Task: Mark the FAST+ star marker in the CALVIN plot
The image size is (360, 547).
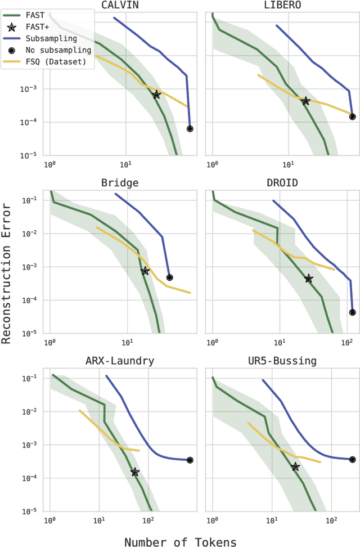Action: [156, 95]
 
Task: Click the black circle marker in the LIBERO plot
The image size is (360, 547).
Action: [352, 117]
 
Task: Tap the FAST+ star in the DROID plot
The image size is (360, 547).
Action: [308, 279]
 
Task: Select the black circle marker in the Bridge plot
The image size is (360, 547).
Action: [169, 277]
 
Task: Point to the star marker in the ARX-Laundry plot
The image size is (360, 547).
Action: [134, 472]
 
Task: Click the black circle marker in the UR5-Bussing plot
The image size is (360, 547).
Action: [352, 459]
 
